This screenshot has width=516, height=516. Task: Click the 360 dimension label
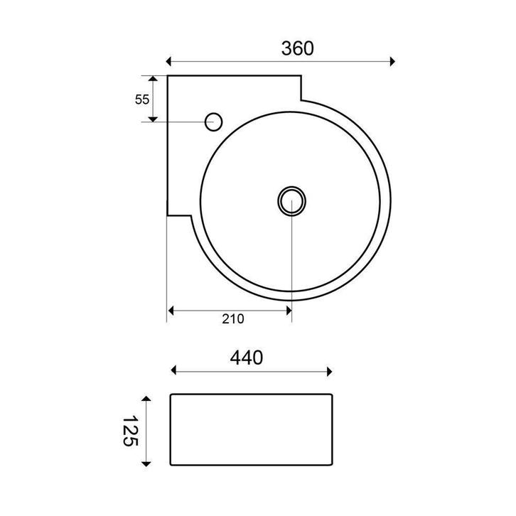298,48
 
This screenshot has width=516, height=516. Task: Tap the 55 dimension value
142,100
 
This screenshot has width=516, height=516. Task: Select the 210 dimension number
233,319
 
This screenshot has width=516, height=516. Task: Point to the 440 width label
247,358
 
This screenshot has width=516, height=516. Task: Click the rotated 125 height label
130,431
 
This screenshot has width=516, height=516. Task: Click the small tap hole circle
213,122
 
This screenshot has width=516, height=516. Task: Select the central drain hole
291,201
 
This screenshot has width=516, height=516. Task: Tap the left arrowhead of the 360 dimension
168,61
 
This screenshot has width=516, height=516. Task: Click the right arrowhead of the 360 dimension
392,61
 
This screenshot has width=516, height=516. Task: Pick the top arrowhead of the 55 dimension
153,78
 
